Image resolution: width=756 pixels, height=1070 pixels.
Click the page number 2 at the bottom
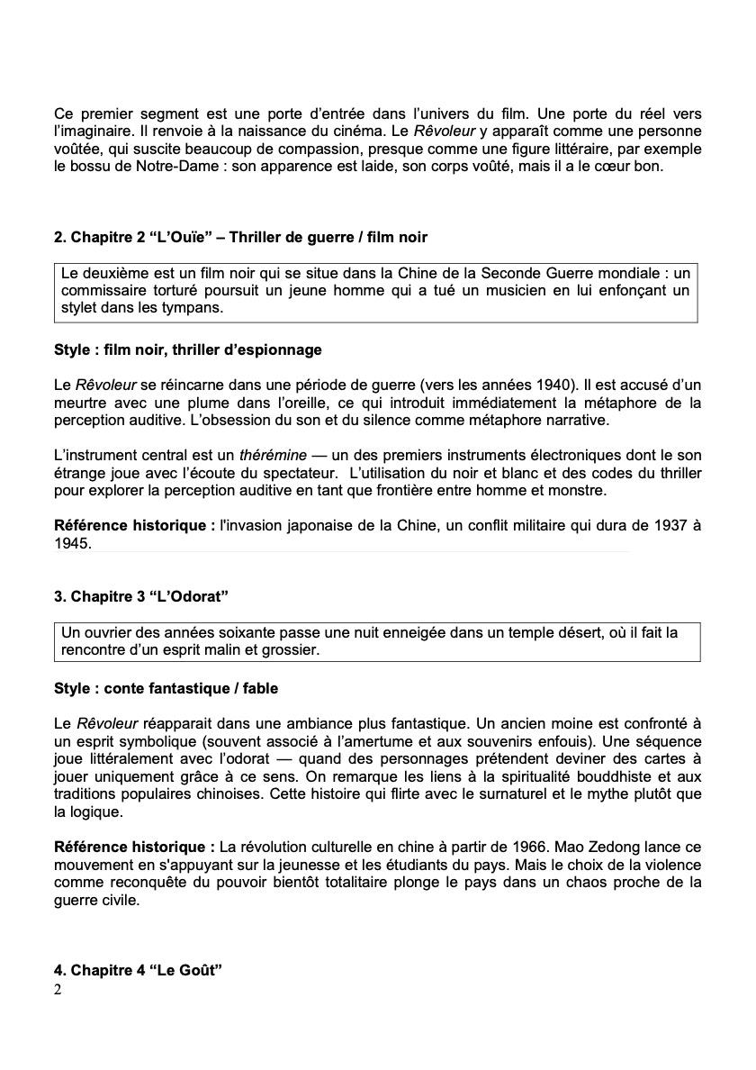(x=58, y=991)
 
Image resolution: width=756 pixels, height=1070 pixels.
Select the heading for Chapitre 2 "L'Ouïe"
(x=240, y=237)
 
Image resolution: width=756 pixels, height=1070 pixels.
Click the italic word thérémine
(x=273, y=456)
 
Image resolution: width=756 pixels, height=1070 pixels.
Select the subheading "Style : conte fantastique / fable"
(x=166, y=688)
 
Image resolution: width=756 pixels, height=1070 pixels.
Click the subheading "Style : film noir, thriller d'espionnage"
(x=187, y=349)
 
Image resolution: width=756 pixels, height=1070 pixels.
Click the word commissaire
(x=102, y=290)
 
